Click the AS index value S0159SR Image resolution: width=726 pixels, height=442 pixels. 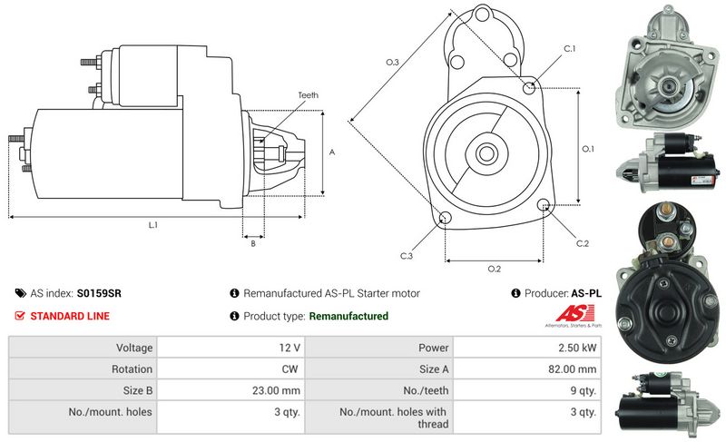[99, 293]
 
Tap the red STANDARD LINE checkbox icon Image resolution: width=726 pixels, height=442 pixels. [20, 316]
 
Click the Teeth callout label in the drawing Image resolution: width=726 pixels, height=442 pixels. [308, 95]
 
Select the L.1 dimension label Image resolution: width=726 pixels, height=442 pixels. [153, 224]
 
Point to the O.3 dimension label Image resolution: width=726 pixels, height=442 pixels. [392, 61]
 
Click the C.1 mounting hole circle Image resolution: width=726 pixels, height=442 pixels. [530, 87]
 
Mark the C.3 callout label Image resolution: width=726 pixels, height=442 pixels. [407, 256]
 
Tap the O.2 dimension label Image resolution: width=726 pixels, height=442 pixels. [495, 269]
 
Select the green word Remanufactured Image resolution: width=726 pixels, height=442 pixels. [348, 316]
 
